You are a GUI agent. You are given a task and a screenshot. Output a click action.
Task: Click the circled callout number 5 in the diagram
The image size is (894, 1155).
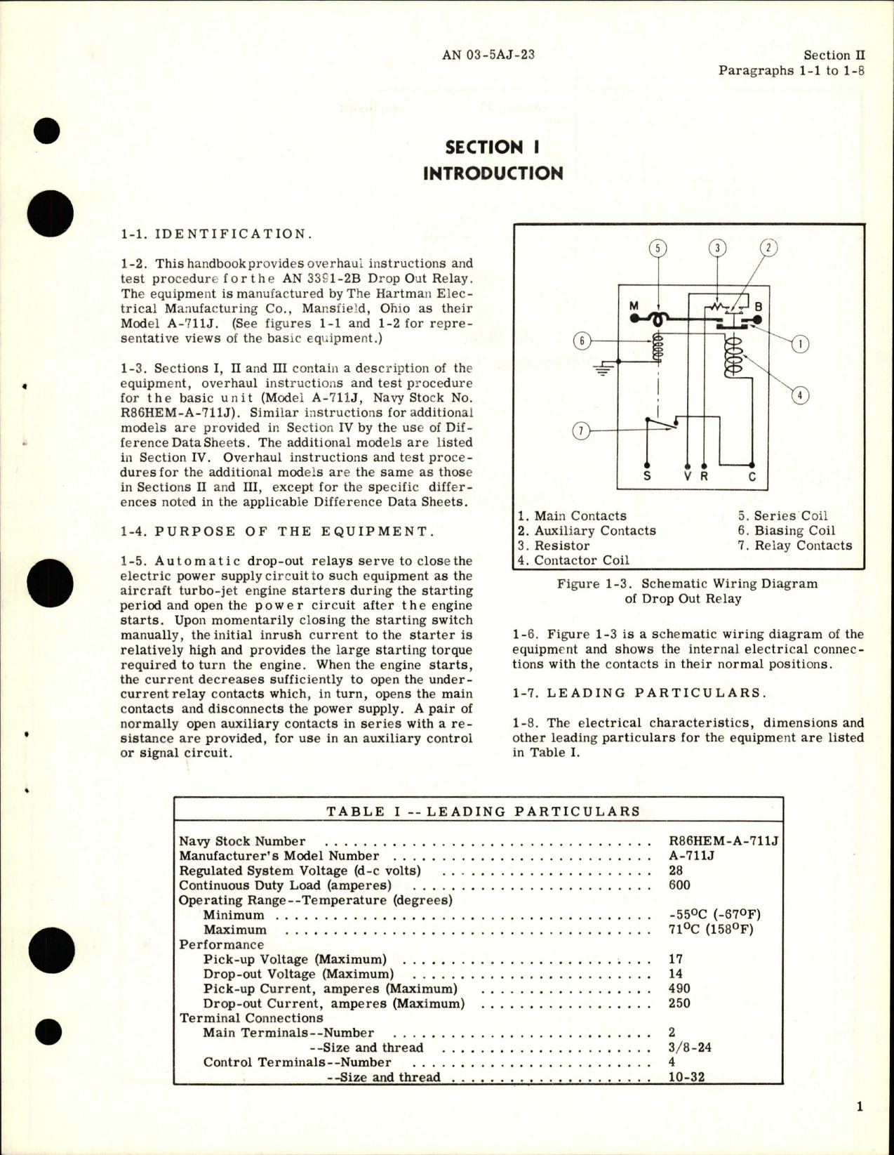658,248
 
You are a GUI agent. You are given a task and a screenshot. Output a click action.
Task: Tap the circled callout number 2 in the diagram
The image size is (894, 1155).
768,248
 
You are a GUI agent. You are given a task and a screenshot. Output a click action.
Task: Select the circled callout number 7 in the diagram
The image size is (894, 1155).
580,430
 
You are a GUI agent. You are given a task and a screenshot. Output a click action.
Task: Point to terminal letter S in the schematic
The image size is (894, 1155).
647,476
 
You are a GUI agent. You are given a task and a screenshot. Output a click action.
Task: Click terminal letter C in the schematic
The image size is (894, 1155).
752,476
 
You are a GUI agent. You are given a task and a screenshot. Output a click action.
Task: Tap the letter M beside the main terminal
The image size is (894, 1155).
634,305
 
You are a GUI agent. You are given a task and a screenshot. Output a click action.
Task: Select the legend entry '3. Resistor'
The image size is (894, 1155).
554,546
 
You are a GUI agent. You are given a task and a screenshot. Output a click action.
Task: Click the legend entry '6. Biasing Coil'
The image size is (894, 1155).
786,531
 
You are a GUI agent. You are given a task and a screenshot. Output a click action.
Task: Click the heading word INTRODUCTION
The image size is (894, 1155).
493,173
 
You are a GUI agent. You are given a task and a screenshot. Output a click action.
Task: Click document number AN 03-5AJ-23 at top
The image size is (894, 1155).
488,54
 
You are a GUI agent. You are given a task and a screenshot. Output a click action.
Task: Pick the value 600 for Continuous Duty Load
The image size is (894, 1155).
679,885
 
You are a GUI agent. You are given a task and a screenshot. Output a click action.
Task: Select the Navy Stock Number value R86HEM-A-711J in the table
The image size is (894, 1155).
724,841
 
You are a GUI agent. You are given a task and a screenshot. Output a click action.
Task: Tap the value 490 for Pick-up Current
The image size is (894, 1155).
679,989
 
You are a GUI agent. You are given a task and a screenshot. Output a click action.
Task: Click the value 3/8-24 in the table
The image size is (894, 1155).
690,1048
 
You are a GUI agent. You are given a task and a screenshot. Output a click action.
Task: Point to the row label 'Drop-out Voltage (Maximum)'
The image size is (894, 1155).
298,974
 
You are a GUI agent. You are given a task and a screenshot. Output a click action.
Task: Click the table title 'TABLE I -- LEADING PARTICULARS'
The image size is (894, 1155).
483,812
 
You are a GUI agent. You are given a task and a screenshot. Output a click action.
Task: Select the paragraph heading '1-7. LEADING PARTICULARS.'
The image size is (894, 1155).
639,693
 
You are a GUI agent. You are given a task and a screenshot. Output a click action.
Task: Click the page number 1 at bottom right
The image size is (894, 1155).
860,1107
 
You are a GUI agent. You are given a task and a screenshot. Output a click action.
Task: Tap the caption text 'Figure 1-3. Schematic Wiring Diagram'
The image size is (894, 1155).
687,583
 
